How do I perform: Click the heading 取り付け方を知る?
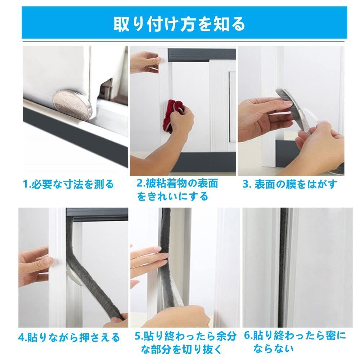point(179,24)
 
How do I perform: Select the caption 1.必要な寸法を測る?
point(68,184)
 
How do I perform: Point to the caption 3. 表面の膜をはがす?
point(290,184)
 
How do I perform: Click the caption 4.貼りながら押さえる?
point(69,338)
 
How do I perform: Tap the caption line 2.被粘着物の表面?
point(177,183)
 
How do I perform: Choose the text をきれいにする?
point(172,197)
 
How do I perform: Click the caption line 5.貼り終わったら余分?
point(185,336)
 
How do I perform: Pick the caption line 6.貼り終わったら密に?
point(295,336)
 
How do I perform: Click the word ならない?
point(274,349)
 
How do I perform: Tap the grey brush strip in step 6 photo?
point(284,267)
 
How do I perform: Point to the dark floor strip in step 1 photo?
point(75,136)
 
